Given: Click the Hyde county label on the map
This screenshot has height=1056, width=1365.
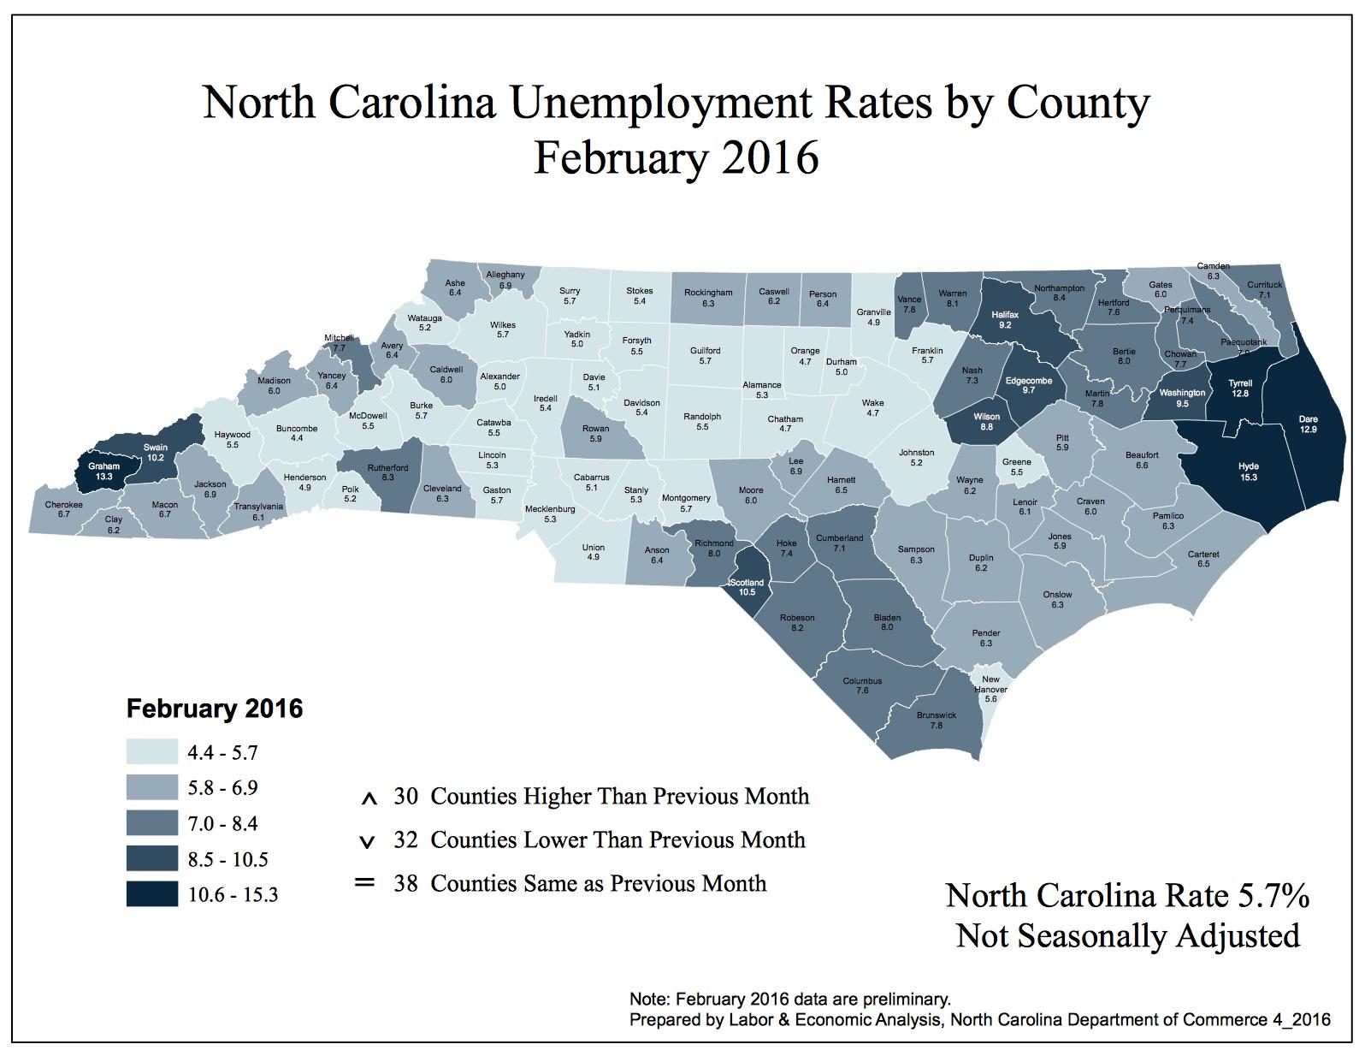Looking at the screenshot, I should [1248, 472].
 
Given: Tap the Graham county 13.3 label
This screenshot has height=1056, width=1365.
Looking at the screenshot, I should [105, 472].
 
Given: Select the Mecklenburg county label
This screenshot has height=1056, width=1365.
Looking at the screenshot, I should [551, 514].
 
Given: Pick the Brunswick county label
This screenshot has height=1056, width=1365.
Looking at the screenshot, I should [936, 720].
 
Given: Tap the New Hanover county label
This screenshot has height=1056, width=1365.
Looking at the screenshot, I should [991, 689].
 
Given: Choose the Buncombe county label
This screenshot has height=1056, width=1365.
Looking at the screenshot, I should [297, 433].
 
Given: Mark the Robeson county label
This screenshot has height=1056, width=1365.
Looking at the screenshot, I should [797, 622].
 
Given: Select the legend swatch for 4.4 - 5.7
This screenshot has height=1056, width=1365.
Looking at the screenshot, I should [152, 752].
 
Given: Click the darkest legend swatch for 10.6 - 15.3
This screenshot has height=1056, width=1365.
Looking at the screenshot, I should [152, 895].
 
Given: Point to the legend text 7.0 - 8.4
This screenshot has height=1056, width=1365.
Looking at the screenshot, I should [223, 824].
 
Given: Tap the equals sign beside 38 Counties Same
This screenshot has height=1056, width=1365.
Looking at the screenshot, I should [365, 881].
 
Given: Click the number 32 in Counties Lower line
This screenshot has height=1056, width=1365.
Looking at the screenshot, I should [405, 839].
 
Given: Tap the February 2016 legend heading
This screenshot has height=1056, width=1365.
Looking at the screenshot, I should [215, 709].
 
